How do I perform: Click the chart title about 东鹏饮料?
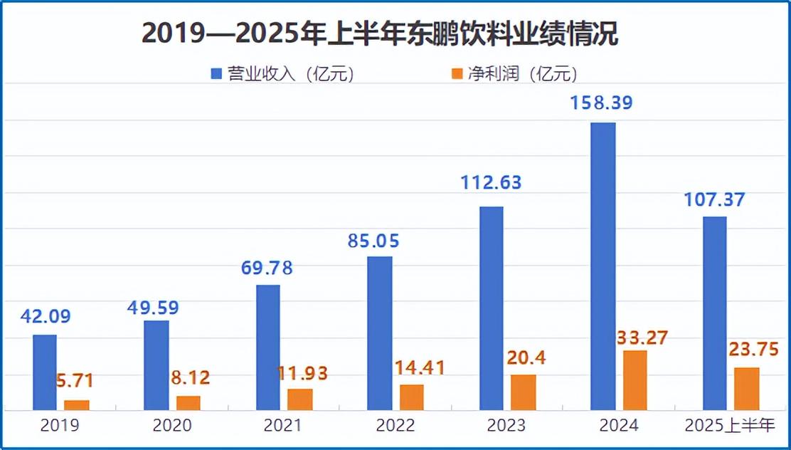[x=380, y=33]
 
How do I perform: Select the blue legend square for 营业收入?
[x=216, y=73]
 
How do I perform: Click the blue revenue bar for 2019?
[x=45, y=372]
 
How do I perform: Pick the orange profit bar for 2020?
[x=188, y=403]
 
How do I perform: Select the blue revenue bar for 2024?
[x=603, y=266]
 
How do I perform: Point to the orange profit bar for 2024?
[x=635, y=380]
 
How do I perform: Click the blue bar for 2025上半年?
[x=715, y=313]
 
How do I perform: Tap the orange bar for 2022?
[x=411, y=397]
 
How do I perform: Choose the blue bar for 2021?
[x=268, y=347]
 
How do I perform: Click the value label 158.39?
[x=602, y=103]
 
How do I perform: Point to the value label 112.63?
[x=490, y=183]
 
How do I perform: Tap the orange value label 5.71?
[x=75, y=381]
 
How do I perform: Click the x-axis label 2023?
[x=506, y=426]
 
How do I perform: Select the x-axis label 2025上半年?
[x=729, y=426]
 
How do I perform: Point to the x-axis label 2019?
[x=60, y=426]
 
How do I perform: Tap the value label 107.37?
[x=713, y=200]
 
